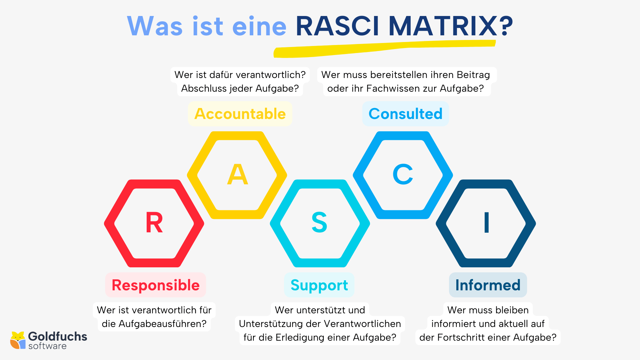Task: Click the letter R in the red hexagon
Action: coord(154,223)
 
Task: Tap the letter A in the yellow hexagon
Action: coord(237,174)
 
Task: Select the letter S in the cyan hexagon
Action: coord(319,222)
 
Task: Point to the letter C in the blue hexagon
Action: coord(403,174)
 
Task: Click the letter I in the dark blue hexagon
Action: coord(486,222)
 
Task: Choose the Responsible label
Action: coord(156,285)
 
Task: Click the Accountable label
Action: coord(240,114)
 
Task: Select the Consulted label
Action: coord(405,114)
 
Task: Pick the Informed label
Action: coord(488,285)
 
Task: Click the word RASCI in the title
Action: coord(337,26)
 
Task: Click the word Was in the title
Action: coord(155,26)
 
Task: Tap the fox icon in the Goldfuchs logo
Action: coord(18,340)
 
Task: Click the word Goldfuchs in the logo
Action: coord(58,336)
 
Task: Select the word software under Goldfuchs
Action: coord(47,346)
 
